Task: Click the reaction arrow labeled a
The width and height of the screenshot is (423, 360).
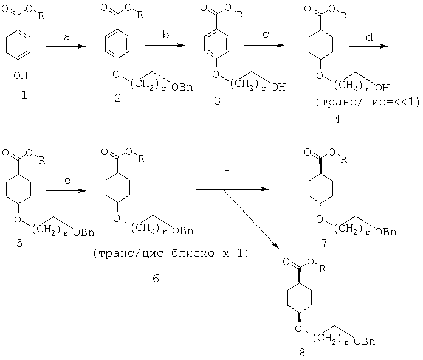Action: coord(66,47)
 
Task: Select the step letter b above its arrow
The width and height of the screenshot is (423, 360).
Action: coord(166,35)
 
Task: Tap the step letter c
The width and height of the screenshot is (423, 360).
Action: coord(266,35)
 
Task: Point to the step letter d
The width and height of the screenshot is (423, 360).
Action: coord(370,36)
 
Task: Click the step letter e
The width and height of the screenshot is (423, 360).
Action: coord(67,181)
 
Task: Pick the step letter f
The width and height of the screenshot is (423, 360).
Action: coord(226,175)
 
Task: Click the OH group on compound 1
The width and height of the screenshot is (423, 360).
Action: coord(21,75)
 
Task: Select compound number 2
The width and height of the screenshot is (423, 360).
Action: coord(118,98)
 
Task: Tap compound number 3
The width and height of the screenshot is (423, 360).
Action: coord(218,101)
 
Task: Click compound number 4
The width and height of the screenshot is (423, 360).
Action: coord(337,119)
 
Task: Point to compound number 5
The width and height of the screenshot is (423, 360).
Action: coord(19,243)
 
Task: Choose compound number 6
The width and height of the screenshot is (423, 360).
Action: coord(156,279)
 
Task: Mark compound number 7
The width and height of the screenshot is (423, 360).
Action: coord(324,243)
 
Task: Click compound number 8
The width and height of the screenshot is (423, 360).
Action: coord(302,353)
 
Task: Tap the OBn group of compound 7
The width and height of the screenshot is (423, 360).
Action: coord(386,232)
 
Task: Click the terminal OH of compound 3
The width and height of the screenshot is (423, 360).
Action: coord(278,86)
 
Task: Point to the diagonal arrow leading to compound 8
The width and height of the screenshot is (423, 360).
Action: coord(250,219)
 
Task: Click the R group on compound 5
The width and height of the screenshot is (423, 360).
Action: coord(41,161)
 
